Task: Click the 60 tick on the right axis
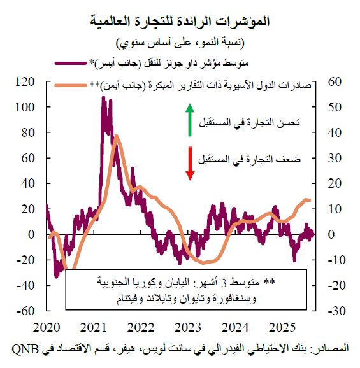click(336, 81)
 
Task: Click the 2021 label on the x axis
click(94, 327)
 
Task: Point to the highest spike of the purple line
click(104, 97)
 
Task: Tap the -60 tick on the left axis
click(24, 311)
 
